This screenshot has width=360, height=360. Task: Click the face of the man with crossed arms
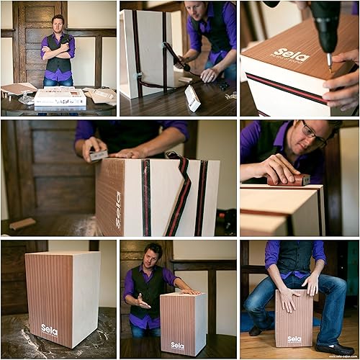(58, 24)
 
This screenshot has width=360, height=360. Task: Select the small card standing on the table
(192, 99)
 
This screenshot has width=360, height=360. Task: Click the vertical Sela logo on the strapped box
(119, 210)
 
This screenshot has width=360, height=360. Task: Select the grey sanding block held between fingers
(97, 155)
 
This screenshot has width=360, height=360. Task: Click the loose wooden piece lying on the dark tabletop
(22, 224)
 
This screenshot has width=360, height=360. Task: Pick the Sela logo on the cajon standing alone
(50, 329)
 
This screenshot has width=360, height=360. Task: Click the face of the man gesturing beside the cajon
(153, 255)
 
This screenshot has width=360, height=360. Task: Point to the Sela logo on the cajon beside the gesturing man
(177, 346)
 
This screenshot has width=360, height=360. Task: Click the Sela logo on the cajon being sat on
(294, 338)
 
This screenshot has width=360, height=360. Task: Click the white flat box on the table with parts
(60, 98)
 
